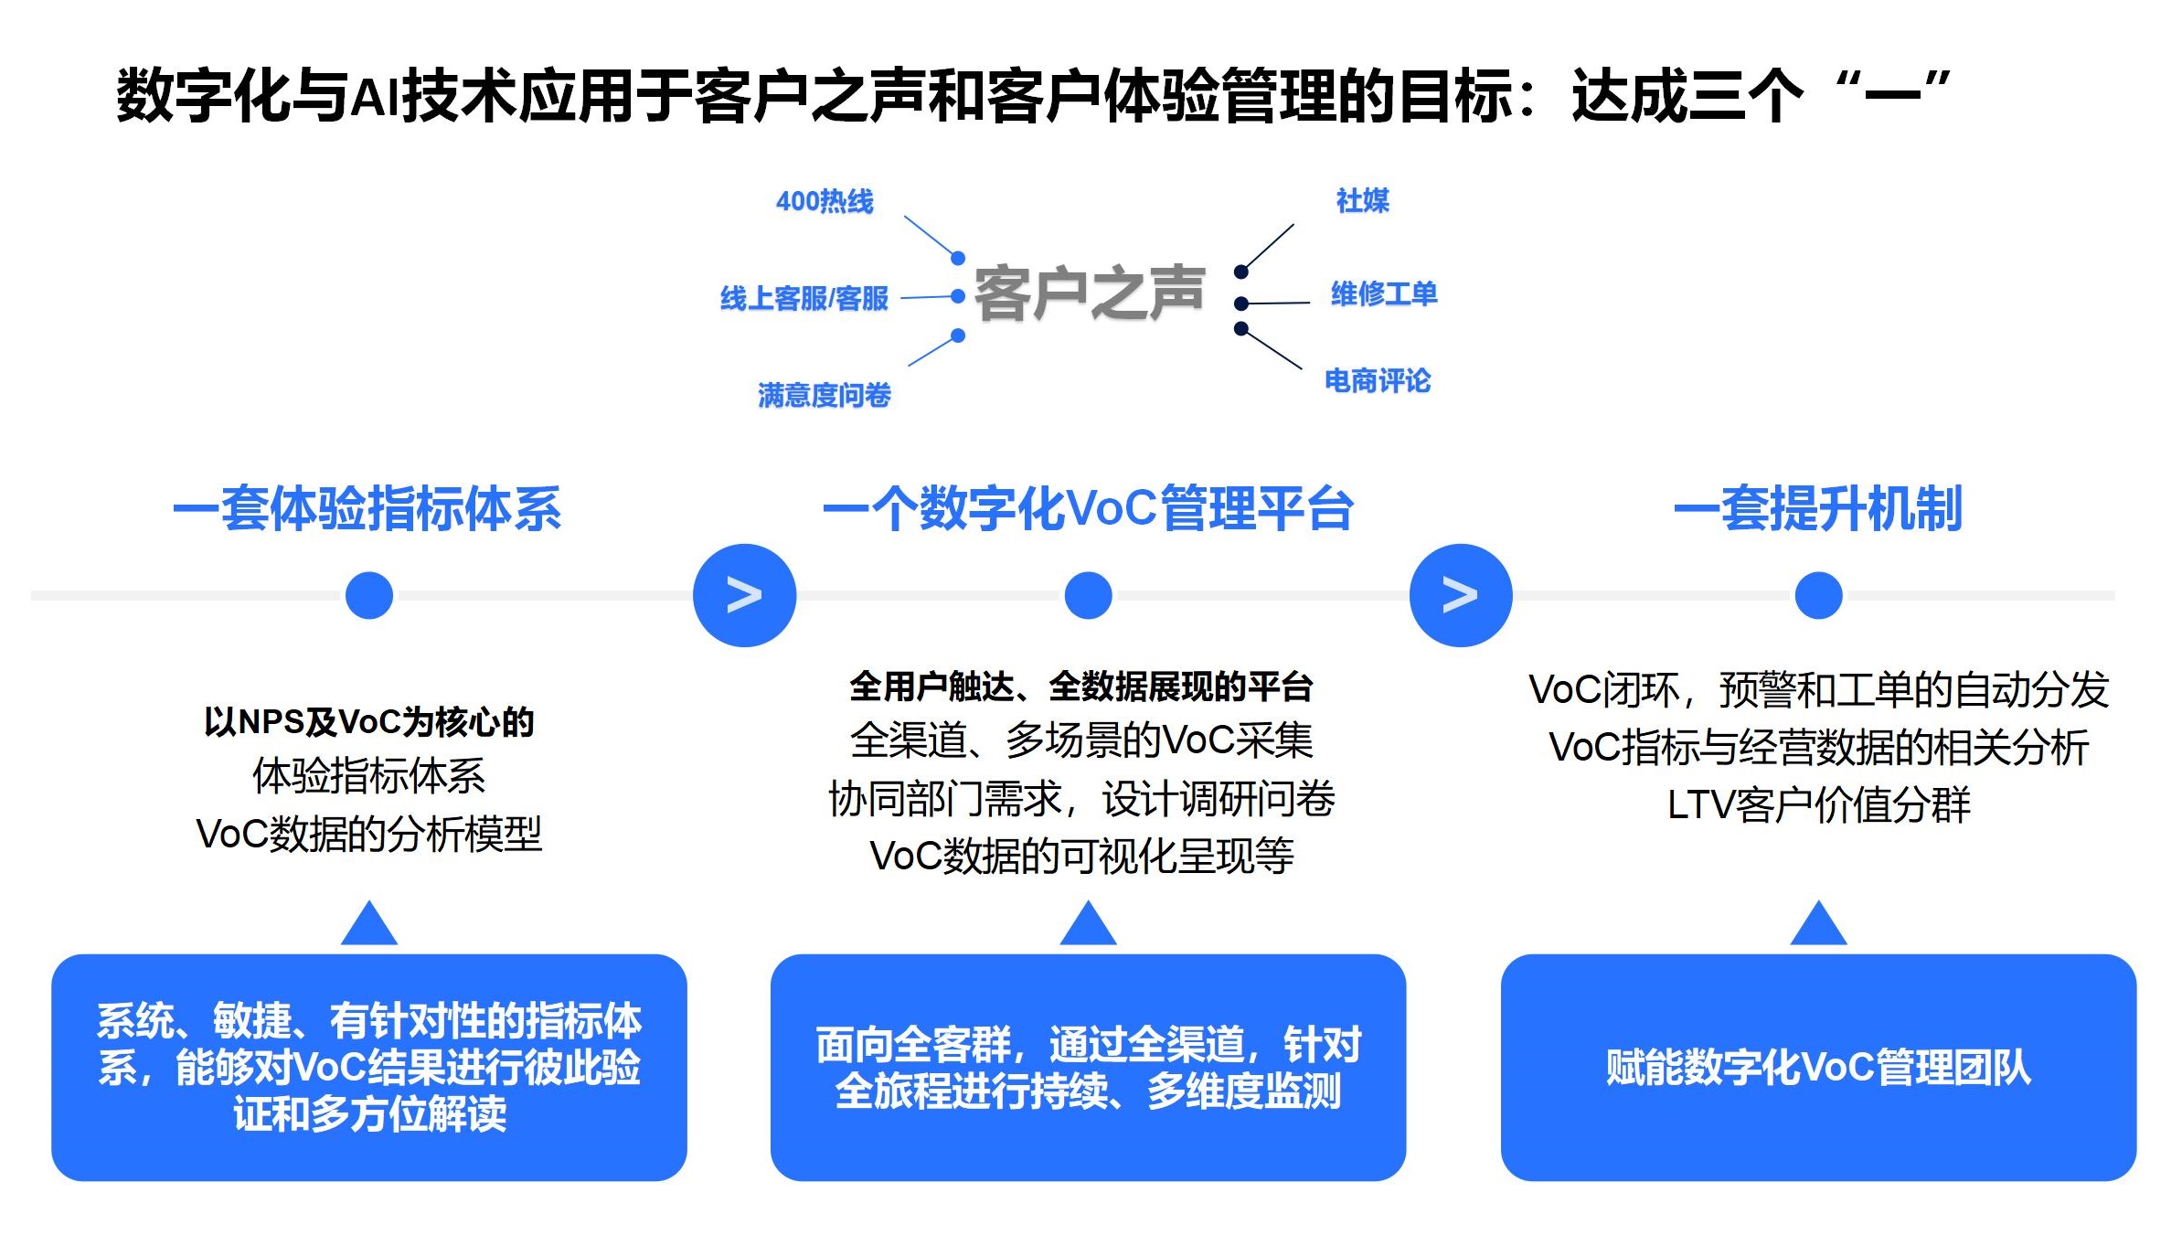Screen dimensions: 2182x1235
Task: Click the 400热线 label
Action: tap(825, 201)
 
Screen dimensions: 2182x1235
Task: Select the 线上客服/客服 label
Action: tap(804, 298)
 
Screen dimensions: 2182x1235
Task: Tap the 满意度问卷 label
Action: tap(824, 395)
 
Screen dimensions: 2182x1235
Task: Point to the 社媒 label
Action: tap(1362, 200)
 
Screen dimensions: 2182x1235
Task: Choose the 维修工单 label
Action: tap(1384, 293)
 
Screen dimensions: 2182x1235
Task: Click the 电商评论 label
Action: tap(1378, 380)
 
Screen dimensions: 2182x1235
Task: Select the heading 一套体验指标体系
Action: tap(367, 508)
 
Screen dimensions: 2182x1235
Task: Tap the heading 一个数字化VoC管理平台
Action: tap(1088, 508)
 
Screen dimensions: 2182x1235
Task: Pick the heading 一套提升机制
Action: tap(1818, 508)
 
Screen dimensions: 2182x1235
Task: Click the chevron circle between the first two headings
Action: tap(744, 595)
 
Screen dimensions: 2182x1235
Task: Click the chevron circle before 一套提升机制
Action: tap(1461, 595)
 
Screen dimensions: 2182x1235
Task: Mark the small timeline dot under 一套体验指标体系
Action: tap(369, 595)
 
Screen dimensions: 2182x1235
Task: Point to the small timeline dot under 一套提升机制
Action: tap(1818, 595)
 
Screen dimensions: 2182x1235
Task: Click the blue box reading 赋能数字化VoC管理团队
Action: tap(1818, 1067)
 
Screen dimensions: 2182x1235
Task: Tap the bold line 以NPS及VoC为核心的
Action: tap(369, 722)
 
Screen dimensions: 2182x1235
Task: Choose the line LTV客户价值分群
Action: tap(1818, 805)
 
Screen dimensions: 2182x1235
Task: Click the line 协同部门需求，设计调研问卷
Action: tap(1081, 799)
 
